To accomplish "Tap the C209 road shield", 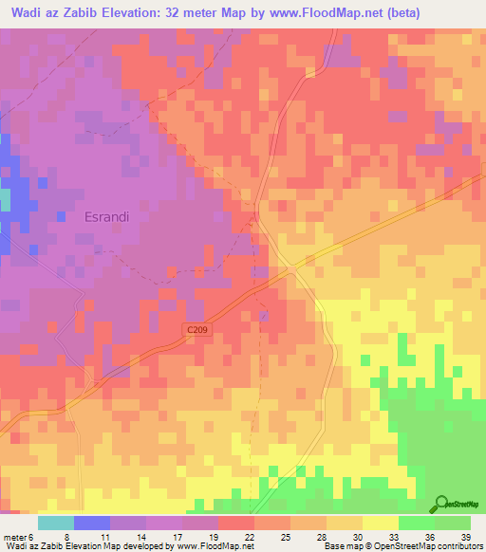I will coord(196,328).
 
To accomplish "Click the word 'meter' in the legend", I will coord(16,536).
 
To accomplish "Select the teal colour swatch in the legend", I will coord(56,523).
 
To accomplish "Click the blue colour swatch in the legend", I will coord(92,523).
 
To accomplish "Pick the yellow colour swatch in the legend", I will coord(380,523).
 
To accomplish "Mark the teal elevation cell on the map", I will coord(5,200).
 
